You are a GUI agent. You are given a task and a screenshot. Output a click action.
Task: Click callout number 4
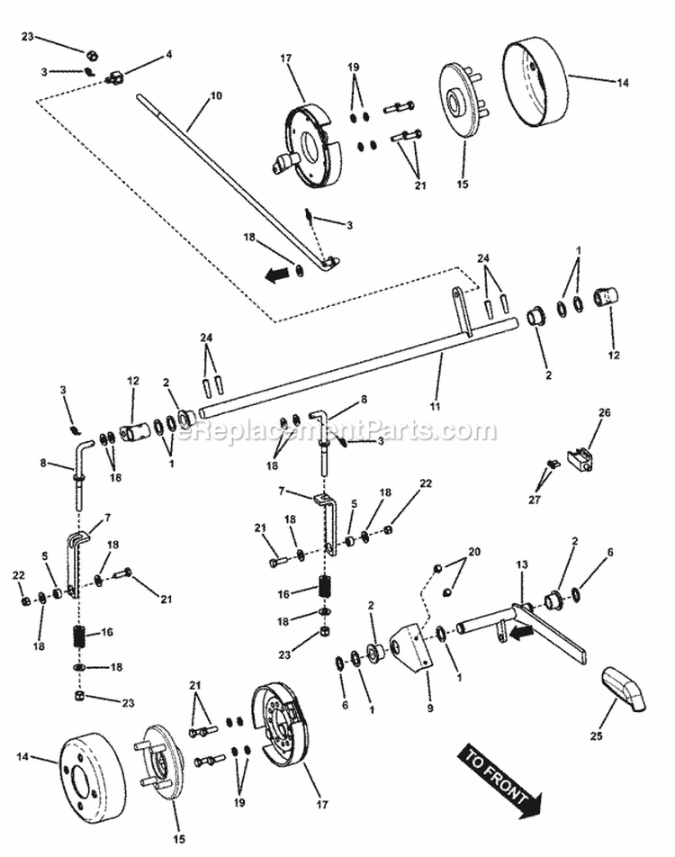pos(168,54)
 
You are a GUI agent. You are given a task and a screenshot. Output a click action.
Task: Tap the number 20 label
pos(474,551)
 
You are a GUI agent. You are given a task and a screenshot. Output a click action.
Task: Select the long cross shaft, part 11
pos(360,370)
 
